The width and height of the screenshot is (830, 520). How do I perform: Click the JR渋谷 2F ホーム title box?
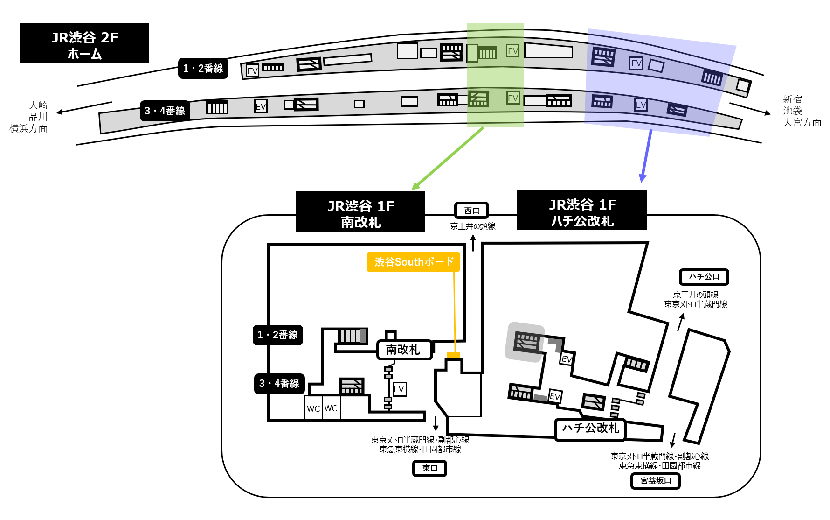(84, 42)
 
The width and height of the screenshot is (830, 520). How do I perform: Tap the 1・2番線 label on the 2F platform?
(203, 69)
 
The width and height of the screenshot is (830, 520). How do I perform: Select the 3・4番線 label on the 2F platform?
(165, 111)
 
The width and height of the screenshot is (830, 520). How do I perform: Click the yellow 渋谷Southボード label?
(413, 262)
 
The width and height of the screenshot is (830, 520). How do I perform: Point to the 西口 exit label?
(471, 211)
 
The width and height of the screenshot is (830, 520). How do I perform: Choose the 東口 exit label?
(429, 468)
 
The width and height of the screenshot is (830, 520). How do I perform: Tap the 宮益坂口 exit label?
(655, 481)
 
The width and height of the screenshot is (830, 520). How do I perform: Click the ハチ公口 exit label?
(704, 277)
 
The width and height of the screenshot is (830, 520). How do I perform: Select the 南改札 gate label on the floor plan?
(404, 350)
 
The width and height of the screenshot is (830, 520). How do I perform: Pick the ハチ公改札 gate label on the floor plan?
(590, 429)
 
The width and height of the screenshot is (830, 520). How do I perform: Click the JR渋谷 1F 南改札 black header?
(360, 211)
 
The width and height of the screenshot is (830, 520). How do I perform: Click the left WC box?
(313, 408)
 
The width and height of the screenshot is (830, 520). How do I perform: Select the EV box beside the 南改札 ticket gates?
(399, 389)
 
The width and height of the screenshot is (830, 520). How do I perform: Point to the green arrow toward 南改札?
(448, 159)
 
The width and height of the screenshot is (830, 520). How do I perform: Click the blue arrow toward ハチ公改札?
(647, 156)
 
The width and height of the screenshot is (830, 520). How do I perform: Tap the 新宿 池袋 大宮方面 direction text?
(802, 111)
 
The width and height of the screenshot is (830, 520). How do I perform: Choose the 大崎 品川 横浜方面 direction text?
(29, 117)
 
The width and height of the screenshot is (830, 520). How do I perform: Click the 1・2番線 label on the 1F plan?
(278, 335)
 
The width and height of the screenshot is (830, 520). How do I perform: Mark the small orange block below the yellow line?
(454, 355)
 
